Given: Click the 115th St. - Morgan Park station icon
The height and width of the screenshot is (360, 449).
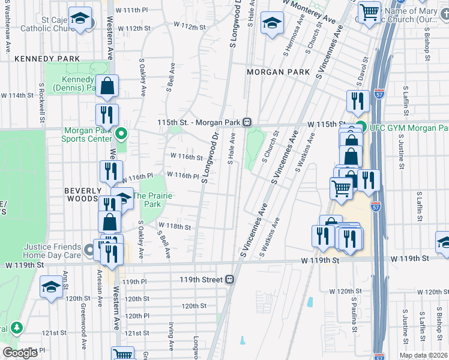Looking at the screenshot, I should tap(247, 122).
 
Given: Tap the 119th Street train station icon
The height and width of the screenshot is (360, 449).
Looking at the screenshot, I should tap(229, 280).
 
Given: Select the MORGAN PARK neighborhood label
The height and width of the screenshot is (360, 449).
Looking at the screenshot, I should tap(277, 72).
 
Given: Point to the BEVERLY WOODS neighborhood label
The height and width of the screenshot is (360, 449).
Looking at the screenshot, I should tap(81, 194).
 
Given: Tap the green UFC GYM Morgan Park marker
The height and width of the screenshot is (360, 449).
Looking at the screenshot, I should tap(360, 127).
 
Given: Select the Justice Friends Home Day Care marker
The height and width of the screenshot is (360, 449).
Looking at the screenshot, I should tap(89, 249).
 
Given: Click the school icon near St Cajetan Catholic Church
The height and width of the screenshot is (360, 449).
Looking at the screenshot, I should tap(79, 19).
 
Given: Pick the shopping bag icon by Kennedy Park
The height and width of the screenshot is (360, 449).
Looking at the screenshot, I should tap(107, 87).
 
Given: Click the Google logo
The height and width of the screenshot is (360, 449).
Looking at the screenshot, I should tap(20, 353).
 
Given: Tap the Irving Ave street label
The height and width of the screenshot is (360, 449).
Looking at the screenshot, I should tap(171, 335).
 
